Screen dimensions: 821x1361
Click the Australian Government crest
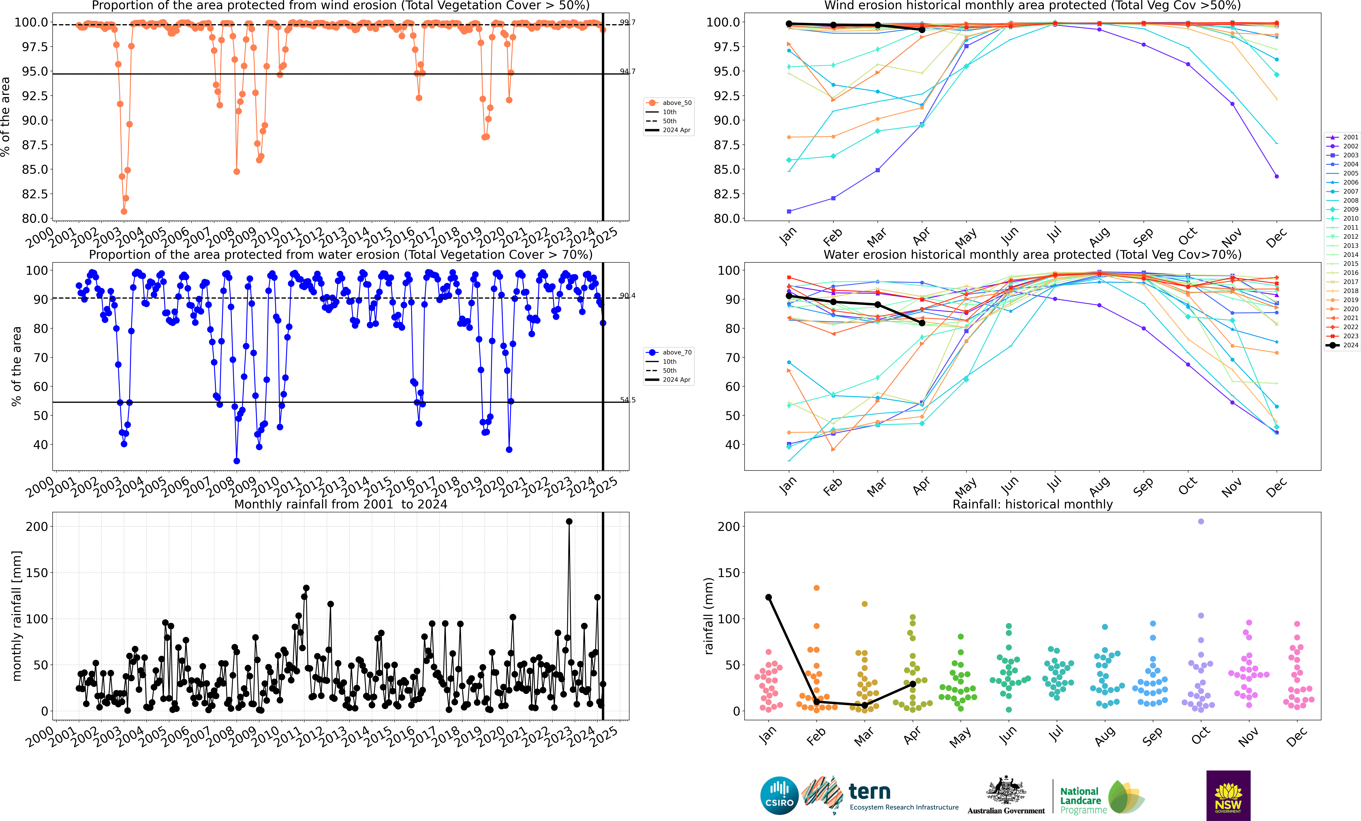(x=1006, y=791)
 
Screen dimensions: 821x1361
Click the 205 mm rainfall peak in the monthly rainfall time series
(x=569, y=521)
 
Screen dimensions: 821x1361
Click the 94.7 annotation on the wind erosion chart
(x=627, y=71)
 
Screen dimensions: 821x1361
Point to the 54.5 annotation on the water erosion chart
(x=627, y=400)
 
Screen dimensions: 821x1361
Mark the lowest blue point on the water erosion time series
(x=236, y=461)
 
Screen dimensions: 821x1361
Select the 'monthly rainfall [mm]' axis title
(x=17, y=616)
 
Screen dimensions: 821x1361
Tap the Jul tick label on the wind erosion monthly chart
(x=1054, y=236)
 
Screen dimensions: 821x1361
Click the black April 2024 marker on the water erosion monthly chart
(x=922, y=323)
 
